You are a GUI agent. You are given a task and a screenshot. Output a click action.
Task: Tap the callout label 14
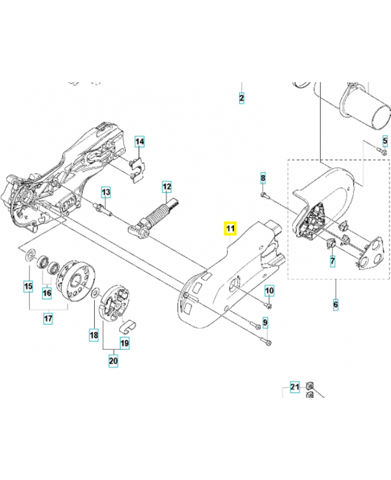click(139, 142)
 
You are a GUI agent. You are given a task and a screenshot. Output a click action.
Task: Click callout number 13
click(106, 192)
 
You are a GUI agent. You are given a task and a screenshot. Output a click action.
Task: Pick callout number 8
click(263, 178)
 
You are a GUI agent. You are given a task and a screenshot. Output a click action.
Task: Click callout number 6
click(335, 304)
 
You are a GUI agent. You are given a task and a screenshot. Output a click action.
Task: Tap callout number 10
click(270, 291)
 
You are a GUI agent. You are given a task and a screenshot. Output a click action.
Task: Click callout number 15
click(28, 287)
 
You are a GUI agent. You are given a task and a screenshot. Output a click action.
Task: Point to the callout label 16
click(46, 292)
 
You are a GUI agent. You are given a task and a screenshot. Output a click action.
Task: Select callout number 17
click(47, 319)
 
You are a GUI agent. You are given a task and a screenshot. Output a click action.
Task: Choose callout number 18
click(94, 334)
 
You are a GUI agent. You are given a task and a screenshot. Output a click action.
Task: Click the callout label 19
click(125, 343)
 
